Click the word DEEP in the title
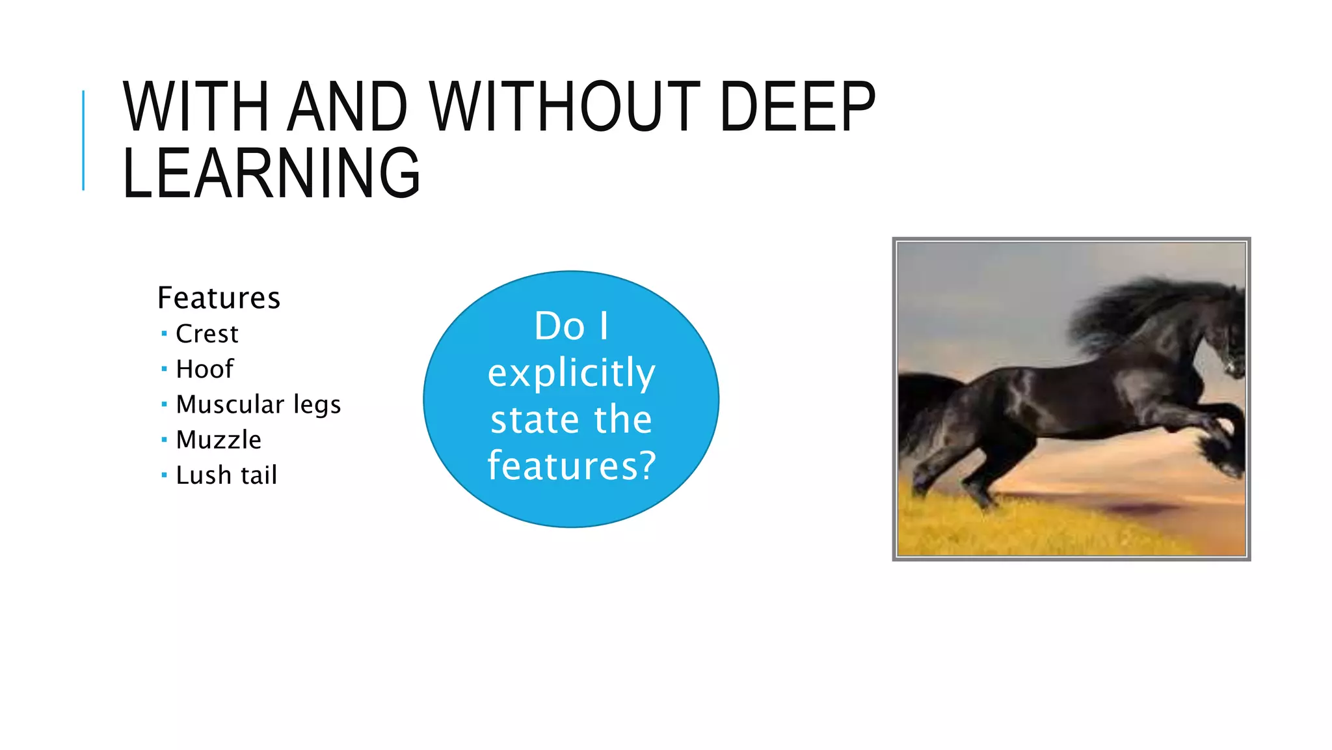(797, 107)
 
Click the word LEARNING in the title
(271, 174)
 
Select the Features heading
(219, 298)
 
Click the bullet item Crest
(207, 334)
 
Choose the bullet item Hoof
(204, 369)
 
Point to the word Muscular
(230, 404)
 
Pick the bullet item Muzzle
(219, 440)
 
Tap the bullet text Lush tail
(226, 475)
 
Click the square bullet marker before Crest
(164, 334)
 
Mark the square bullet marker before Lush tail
(164, 475)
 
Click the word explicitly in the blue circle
(571, 374)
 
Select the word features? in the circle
(571, 466)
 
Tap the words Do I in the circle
(571, 326)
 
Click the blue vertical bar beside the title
(83, 141)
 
